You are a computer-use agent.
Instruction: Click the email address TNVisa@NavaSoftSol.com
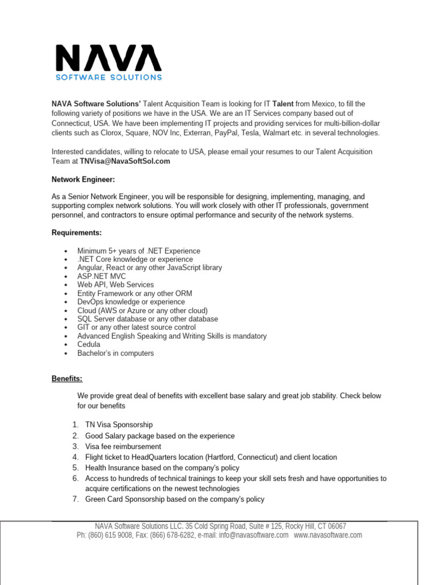125,162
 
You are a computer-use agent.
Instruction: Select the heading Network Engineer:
83,179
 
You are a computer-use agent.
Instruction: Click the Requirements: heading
77,233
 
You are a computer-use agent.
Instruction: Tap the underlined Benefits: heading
67,379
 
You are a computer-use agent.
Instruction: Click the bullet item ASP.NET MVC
102,277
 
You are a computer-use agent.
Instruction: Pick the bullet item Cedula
89,344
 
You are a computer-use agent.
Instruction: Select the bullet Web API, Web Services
115,285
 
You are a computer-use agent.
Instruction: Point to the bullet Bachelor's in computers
115,353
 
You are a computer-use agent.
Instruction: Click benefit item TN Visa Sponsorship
119,425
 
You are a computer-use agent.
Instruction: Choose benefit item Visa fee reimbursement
123,447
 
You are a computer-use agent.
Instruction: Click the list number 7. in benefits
75,499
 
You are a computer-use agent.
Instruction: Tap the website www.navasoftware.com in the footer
328,535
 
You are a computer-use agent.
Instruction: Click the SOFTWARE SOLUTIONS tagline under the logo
108,77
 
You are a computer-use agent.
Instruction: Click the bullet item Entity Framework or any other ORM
135,293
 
